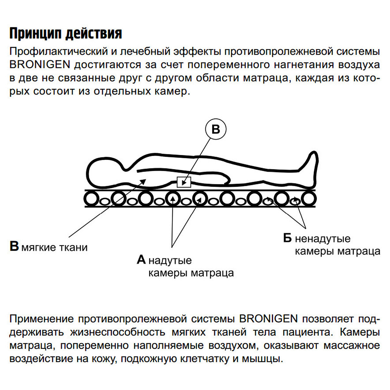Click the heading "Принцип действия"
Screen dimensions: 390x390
tap(66, 33)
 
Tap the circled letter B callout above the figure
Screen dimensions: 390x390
tap(216, 129)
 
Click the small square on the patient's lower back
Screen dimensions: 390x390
tap(184, 182)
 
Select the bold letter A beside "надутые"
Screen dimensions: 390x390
tap(141, 260)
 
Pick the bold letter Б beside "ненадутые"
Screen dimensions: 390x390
tap(287, 238)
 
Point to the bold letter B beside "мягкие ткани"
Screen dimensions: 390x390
tap(14, 246)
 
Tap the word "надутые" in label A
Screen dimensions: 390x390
tap(170, 261)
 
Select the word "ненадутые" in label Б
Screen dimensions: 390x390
tap(323, 239)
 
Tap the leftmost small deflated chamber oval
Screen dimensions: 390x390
tap(104, 201)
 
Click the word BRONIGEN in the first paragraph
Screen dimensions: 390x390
tap(40, 65)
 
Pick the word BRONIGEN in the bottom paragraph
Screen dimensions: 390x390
tap(268, 319)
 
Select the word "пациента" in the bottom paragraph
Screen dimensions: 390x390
tap(308, 332)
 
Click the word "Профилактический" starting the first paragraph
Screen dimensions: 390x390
tap(58, 52)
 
